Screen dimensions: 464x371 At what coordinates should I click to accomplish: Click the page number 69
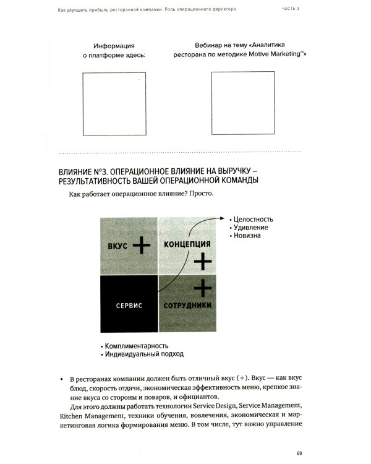299,453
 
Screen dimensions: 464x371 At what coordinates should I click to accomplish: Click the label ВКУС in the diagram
117,246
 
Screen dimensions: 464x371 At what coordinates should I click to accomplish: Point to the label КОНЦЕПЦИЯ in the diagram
187,244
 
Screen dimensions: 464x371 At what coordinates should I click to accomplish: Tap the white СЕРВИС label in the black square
129,306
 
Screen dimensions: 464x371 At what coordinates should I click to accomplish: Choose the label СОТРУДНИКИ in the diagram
188,306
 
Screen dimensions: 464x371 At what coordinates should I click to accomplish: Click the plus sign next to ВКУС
141,246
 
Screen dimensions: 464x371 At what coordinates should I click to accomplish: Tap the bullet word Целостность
253,219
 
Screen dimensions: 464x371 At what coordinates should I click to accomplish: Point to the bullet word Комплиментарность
137,346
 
